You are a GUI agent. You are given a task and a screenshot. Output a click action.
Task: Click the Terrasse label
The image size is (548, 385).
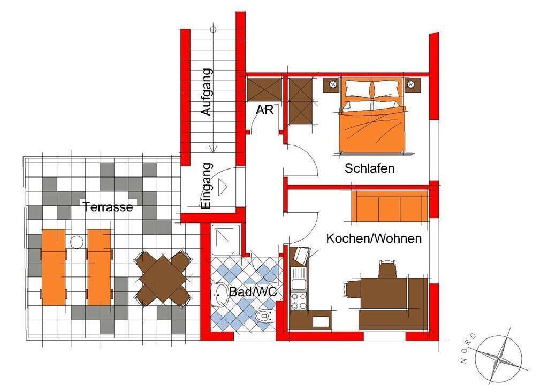tap(108, 207)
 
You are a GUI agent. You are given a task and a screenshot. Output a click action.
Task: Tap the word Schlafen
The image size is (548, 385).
tap(369, 168)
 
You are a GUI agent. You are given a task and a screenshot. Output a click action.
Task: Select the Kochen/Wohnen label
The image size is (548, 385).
tap(374, 238)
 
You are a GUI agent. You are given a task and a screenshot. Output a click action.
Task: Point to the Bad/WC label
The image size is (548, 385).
tap(253, 292)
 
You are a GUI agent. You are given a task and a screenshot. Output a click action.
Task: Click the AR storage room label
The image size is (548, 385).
tap(264, 110)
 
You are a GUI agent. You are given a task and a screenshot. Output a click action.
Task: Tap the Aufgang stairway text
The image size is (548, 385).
tap(207, 92)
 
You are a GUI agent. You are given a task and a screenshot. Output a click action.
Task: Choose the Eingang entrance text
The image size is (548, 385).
tap(207, 186)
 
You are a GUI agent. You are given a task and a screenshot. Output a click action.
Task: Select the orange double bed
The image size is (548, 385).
tap(373, 116)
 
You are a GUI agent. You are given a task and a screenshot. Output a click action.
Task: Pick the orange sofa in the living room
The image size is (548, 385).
tap(390, 206)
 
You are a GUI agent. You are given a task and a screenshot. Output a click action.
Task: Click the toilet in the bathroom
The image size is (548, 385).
tap(265, 317)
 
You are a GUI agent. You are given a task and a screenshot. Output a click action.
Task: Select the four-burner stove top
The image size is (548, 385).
tap(299, 301)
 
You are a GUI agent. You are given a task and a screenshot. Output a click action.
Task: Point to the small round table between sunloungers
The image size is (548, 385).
tap(77, 242)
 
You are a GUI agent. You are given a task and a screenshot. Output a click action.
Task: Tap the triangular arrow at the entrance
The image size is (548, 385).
tap(222, 187)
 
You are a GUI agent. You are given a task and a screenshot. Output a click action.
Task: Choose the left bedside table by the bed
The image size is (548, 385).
tap(332, 85)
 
